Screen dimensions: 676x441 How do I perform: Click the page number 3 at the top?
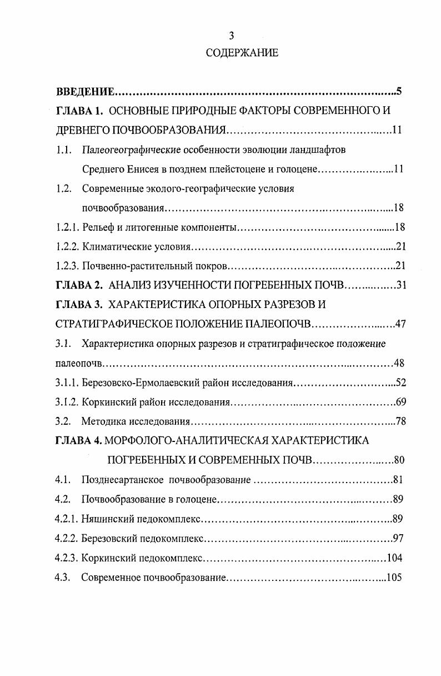(x=232, y=36)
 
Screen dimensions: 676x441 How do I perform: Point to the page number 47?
(x=400, y=325)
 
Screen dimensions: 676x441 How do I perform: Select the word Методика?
(x=102, y=421)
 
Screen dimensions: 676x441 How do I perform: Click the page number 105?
(x=394, y=577)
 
